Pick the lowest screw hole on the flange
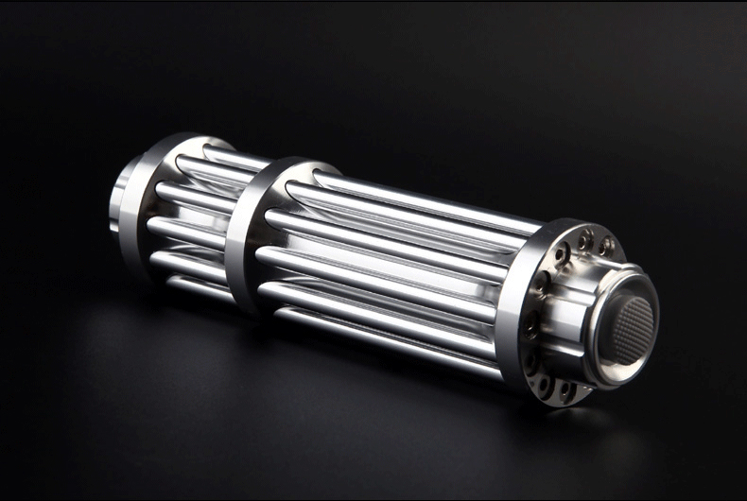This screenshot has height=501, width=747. pyautogui.click(x=565, y=389)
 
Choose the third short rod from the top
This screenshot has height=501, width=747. pyautogui.click(x=189, y=231)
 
